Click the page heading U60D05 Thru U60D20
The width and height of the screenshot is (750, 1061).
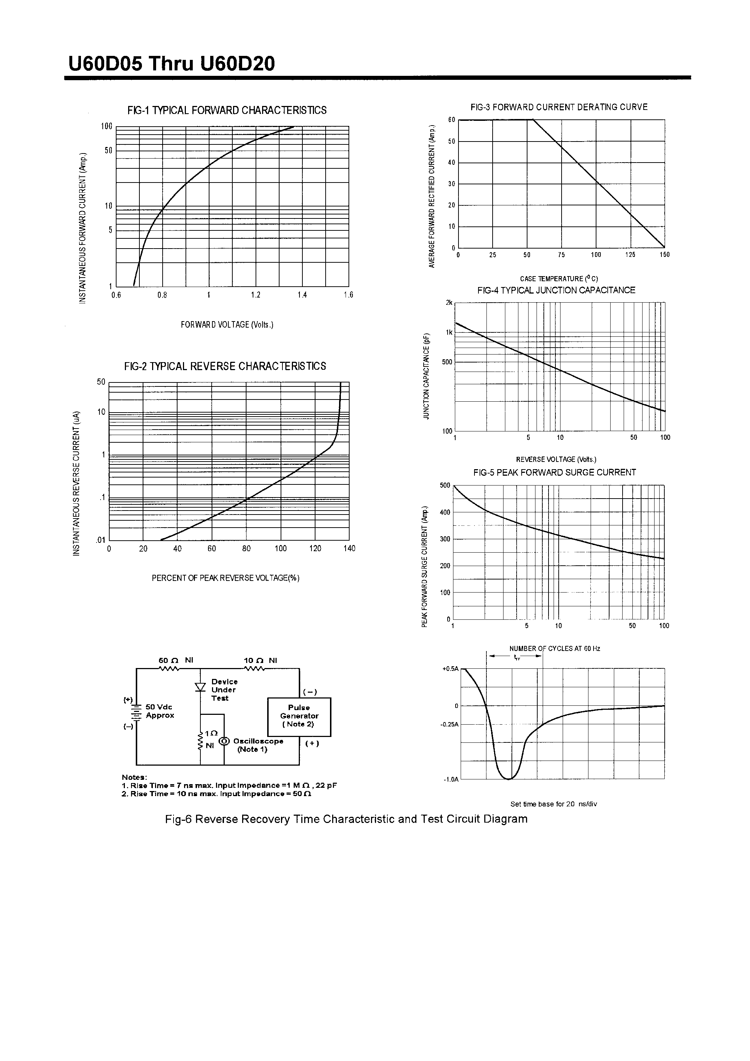click(x=172, y=64)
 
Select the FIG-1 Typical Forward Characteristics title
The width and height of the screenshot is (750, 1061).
click(x=227, y=110)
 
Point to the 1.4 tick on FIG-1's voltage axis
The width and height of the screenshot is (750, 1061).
click(x=302, y=295)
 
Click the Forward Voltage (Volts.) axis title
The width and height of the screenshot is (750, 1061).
click(x=227, y=325)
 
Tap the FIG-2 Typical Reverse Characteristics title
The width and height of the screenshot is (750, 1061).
click(x=225, y=366)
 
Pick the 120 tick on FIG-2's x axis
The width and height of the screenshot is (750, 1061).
click(x=315, y=549)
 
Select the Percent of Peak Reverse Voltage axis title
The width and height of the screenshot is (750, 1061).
click(x=226, y=578)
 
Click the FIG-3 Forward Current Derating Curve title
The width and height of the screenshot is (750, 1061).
click(x=559, y=107)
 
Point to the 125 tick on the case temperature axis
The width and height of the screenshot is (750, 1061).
click(x=630, y=255)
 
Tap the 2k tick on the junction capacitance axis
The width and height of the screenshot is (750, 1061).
click(x=449, y=303)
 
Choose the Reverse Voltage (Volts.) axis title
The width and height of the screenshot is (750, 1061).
click(x=556, y=459)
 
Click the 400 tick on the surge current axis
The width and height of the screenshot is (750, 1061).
click(x=445, y=512)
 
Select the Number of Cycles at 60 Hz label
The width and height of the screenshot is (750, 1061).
click(x=555, y=649)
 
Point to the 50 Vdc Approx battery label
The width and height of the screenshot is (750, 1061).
click(x=159, y=711)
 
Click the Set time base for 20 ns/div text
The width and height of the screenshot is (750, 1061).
click(x=554, y=804)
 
